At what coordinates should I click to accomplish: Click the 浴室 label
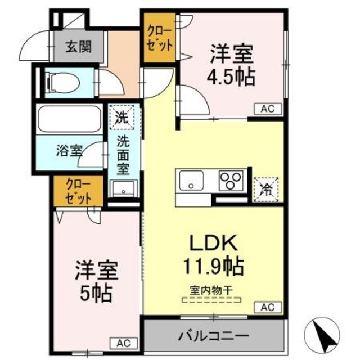point(69,150)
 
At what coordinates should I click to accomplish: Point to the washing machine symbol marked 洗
point(120,118)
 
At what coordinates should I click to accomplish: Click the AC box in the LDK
point(268,307)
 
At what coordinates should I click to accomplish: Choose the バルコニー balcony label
point(214,336)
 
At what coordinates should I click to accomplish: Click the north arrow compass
point(323,334)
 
